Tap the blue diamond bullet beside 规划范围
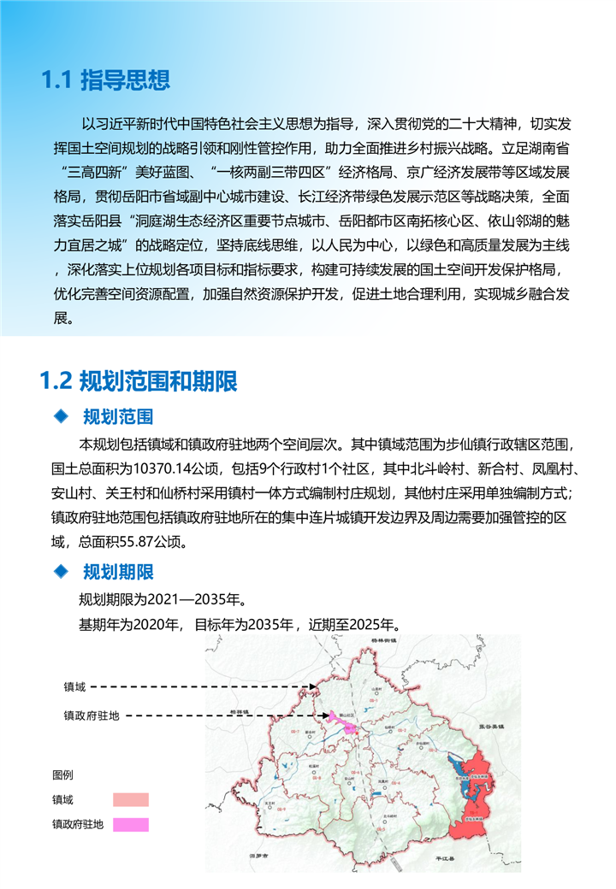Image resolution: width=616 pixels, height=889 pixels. click(x=60, y=416)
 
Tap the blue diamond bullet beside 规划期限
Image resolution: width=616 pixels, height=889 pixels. click(x=60, y=571)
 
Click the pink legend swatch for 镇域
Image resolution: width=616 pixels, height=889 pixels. click(x=130, y=800)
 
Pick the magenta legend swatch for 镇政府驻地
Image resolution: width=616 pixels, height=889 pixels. click(x=130, y=825)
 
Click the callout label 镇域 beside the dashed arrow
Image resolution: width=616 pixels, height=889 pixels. click(x=74, y=686)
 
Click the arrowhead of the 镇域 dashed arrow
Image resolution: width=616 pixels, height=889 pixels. click(x=315, y=686)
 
